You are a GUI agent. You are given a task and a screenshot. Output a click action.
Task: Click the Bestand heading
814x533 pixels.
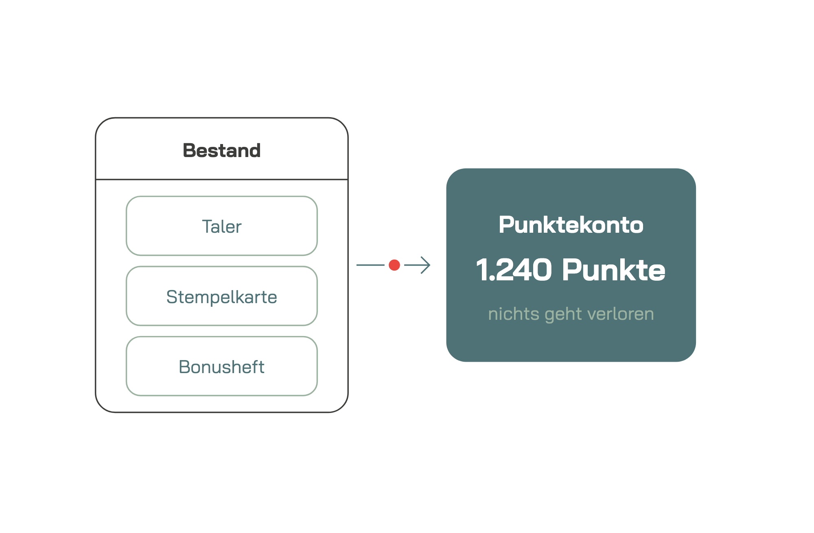click(221, 151)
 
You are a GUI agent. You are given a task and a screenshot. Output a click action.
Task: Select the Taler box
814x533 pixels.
click(222, 226)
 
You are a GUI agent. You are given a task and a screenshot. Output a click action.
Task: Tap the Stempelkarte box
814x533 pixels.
click(222, 296)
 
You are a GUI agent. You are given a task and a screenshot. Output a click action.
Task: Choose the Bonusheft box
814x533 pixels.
click(222, 366)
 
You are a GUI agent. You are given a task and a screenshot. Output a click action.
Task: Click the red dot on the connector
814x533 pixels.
click(394, 265)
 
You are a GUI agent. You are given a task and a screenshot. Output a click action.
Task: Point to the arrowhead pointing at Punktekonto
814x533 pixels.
click(426, 265)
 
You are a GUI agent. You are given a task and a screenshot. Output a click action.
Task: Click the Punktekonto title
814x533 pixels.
click(571, 225)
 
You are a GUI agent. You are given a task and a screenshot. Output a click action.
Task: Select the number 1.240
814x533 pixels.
click(514, 270)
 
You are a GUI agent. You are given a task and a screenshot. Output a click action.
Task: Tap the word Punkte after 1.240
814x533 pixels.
click(614, 270)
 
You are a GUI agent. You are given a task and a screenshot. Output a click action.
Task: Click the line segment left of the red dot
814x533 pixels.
click(370, 265)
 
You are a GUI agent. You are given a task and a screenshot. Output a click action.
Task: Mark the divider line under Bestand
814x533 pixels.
click(222, 179)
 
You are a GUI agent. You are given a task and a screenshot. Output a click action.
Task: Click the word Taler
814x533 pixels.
click(222, 227)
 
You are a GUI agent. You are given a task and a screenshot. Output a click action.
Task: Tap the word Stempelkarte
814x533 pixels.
click(222, 297)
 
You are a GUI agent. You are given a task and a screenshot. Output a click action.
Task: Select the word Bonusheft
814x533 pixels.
click(222, 367)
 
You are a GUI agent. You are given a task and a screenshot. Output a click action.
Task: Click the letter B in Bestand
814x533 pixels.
click(190, 151)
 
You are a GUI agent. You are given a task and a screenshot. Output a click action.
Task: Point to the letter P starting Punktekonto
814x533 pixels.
click(506, 225)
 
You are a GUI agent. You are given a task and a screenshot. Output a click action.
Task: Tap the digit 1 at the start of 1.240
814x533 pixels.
click(482, 270)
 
